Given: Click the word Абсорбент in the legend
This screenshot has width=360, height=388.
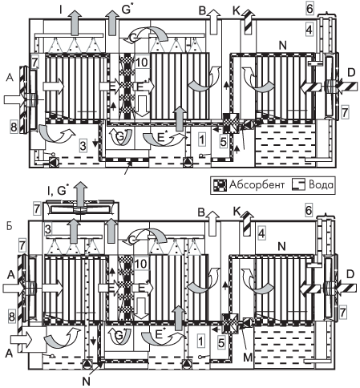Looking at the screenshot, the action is tap(257, 184).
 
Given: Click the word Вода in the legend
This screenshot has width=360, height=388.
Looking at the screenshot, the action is tap(321, 184).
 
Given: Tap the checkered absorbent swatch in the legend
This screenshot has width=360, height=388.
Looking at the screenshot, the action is tap(220, 185).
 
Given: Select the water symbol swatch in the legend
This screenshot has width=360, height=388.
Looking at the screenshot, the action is tap(298, 185).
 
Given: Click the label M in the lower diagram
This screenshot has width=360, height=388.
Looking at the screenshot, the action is tap(248, 357).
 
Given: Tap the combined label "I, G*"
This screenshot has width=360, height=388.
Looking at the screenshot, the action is tap(56, 191).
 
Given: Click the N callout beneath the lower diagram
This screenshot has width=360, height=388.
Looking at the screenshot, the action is tap(86, 382).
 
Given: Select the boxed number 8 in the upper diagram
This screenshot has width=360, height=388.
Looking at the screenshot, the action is tap(14, 127).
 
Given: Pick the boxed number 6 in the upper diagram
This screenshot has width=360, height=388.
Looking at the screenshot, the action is tap(309, 9).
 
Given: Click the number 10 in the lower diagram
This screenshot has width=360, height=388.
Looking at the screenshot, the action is tap(141, 264).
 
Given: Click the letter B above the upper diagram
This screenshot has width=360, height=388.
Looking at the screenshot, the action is tap(202, 10).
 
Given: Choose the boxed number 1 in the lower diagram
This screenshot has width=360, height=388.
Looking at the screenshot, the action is tap(201, 342).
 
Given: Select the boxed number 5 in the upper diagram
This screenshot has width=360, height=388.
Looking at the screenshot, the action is tap(224, 142).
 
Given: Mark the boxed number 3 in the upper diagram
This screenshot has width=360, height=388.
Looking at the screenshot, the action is tap(83, 146).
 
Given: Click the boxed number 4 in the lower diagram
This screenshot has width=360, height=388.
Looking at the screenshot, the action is tap(261, 233).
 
